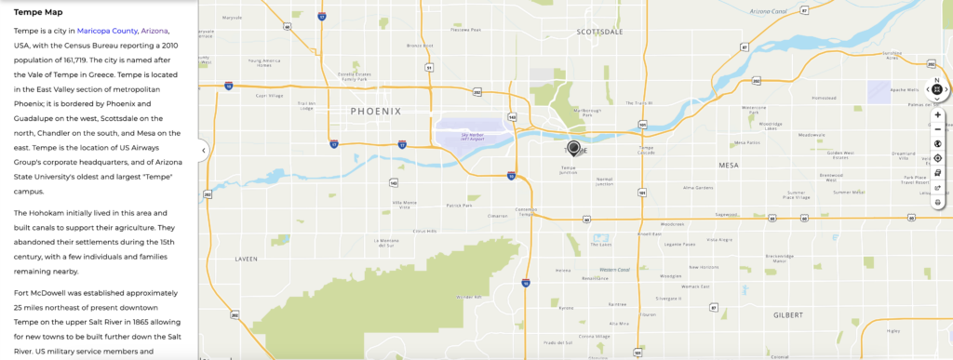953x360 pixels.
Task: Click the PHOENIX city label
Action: [376, 111]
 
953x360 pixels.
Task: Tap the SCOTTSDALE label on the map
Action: [599, 31]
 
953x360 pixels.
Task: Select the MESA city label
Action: [728, 165]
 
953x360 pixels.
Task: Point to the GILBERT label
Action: [787, 314]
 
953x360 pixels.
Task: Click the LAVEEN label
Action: [245, 259]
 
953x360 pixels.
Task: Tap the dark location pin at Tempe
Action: [573, 147]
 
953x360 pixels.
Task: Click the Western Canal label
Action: [614, 270]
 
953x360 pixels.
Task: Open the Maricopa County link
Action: [107, 31]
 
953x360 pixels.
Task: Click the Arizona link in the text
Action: [154, 31]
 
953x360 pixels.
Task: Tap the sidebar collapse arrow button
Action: [203, 148]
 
